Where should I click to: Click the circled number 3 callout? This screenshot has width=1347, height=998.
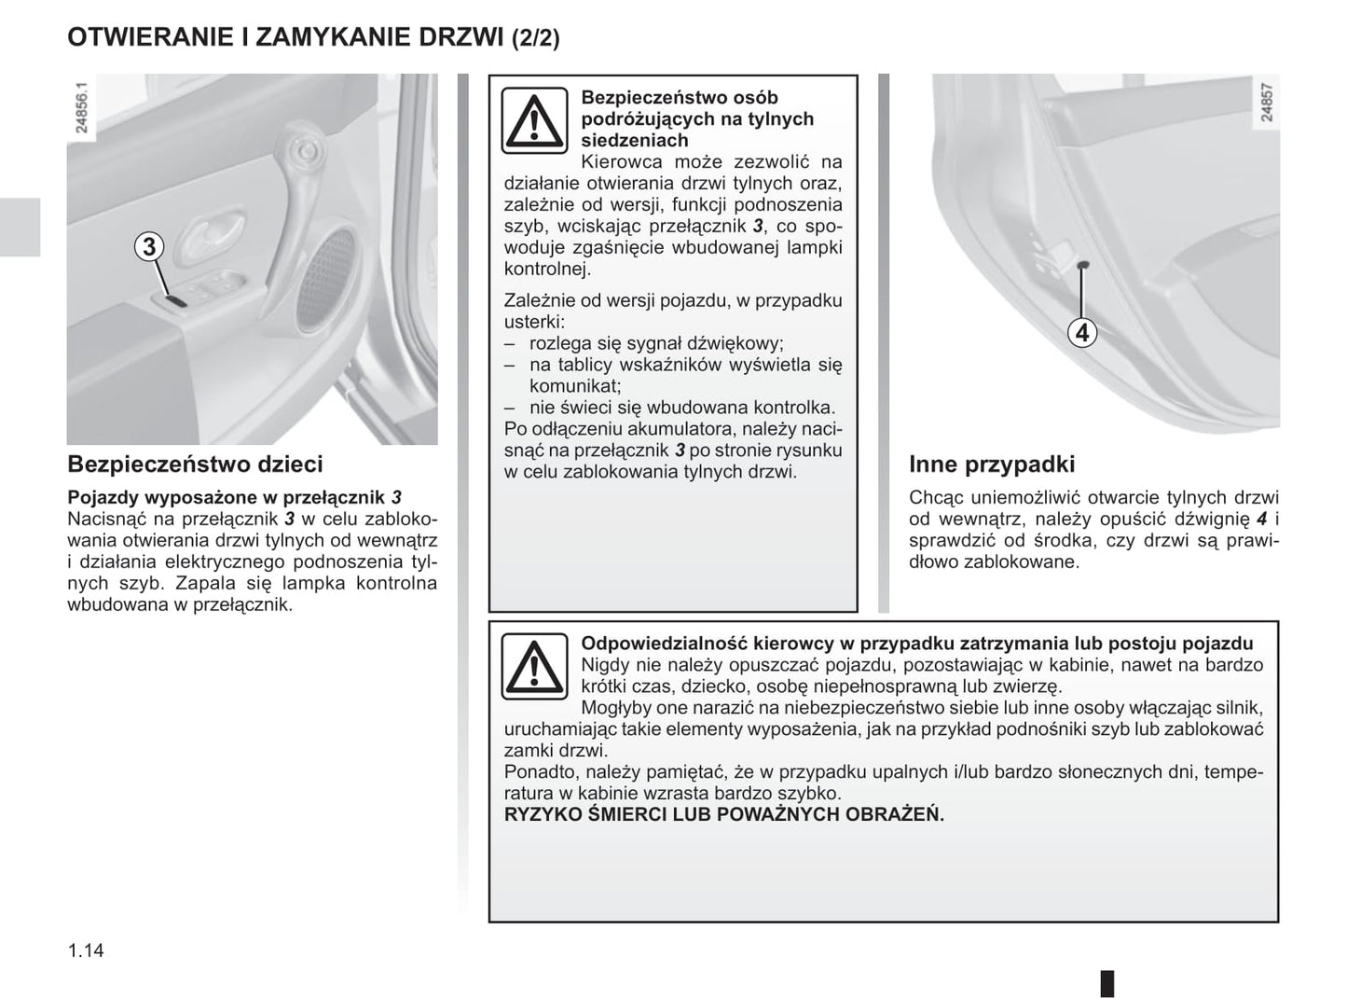click(148, 247)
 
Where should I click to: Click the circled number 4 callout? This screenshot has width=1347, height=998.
click(1081, 332)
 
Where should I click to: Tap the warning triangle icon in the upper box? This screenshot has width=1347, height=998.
click(534, 121)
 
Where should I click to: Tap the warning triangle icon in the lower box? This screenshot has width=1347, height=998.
click(534, 666)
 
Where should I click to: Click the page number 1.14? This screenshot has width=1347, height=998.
click(86, 950)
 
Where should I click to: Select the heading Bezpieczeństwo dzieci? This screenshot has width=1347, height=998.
click(196, 464)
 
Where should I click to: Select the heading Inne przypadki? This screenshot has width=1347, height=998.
click(992, 464)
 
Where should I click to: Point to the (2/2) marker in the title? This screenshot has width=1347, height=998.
click(536, 39)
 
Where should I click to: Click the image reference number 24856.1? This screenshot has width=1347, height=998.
click(81, 108)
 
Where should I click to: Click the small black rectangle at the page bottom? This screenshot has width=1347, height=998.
click(1107, 983)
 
